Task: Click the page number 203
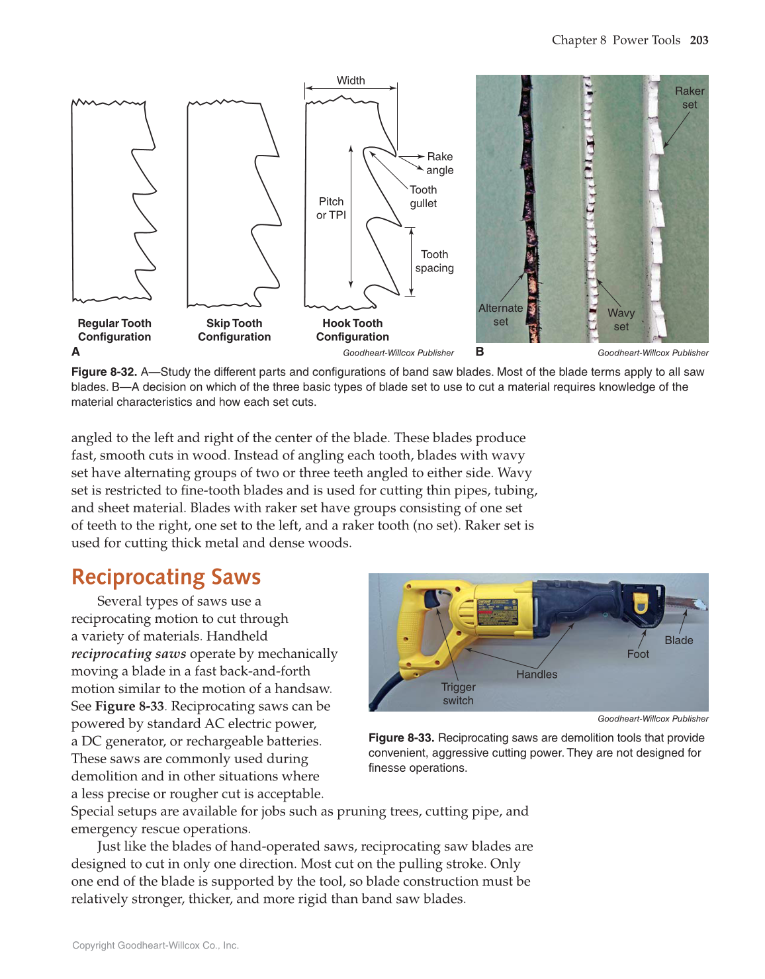pyautogui.click(x=699, y=40)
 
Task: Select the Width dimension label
pyautogui.click(x=351, y=81)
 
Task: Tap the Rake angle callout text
pyautogui.click(x=439, y=163)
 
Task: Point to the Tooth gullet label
pyautogui.click(x=424, y=197)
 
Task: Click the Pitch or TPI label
pyautogui.click(x=331, y=208)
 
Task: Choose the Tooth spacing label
pyautogui.click(x=434, y=261)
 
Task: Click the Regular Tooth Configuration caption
pyautogui.click(x=114, y=330)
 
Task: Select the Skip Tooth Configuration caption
pyautogui.click(x=234, y=330)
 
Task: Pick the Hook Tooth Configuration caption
pyautogui.click(x=353, y=330)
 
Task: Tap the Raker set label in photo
pyautogui.click(x=690, y=97)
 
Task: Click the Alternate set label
pyautogui.click(x=500, y=315)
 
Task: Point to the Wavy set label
pyautogui.click(x=621, y=320)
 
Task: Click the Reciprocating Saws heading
pyautogui.click(x=166, y=577)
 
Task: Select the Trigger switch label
pyautogui.click(x=458, y=694)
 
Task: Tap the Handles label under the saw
pyautogui.click(x=537, y=675)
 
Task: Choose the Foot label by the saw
pyautogui.click(x=638, y=654)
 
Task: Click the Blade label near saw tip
pyautogui.click(x=679, y=640)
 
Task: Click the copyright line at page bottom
pyautogui.click(x=156, y=945)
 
